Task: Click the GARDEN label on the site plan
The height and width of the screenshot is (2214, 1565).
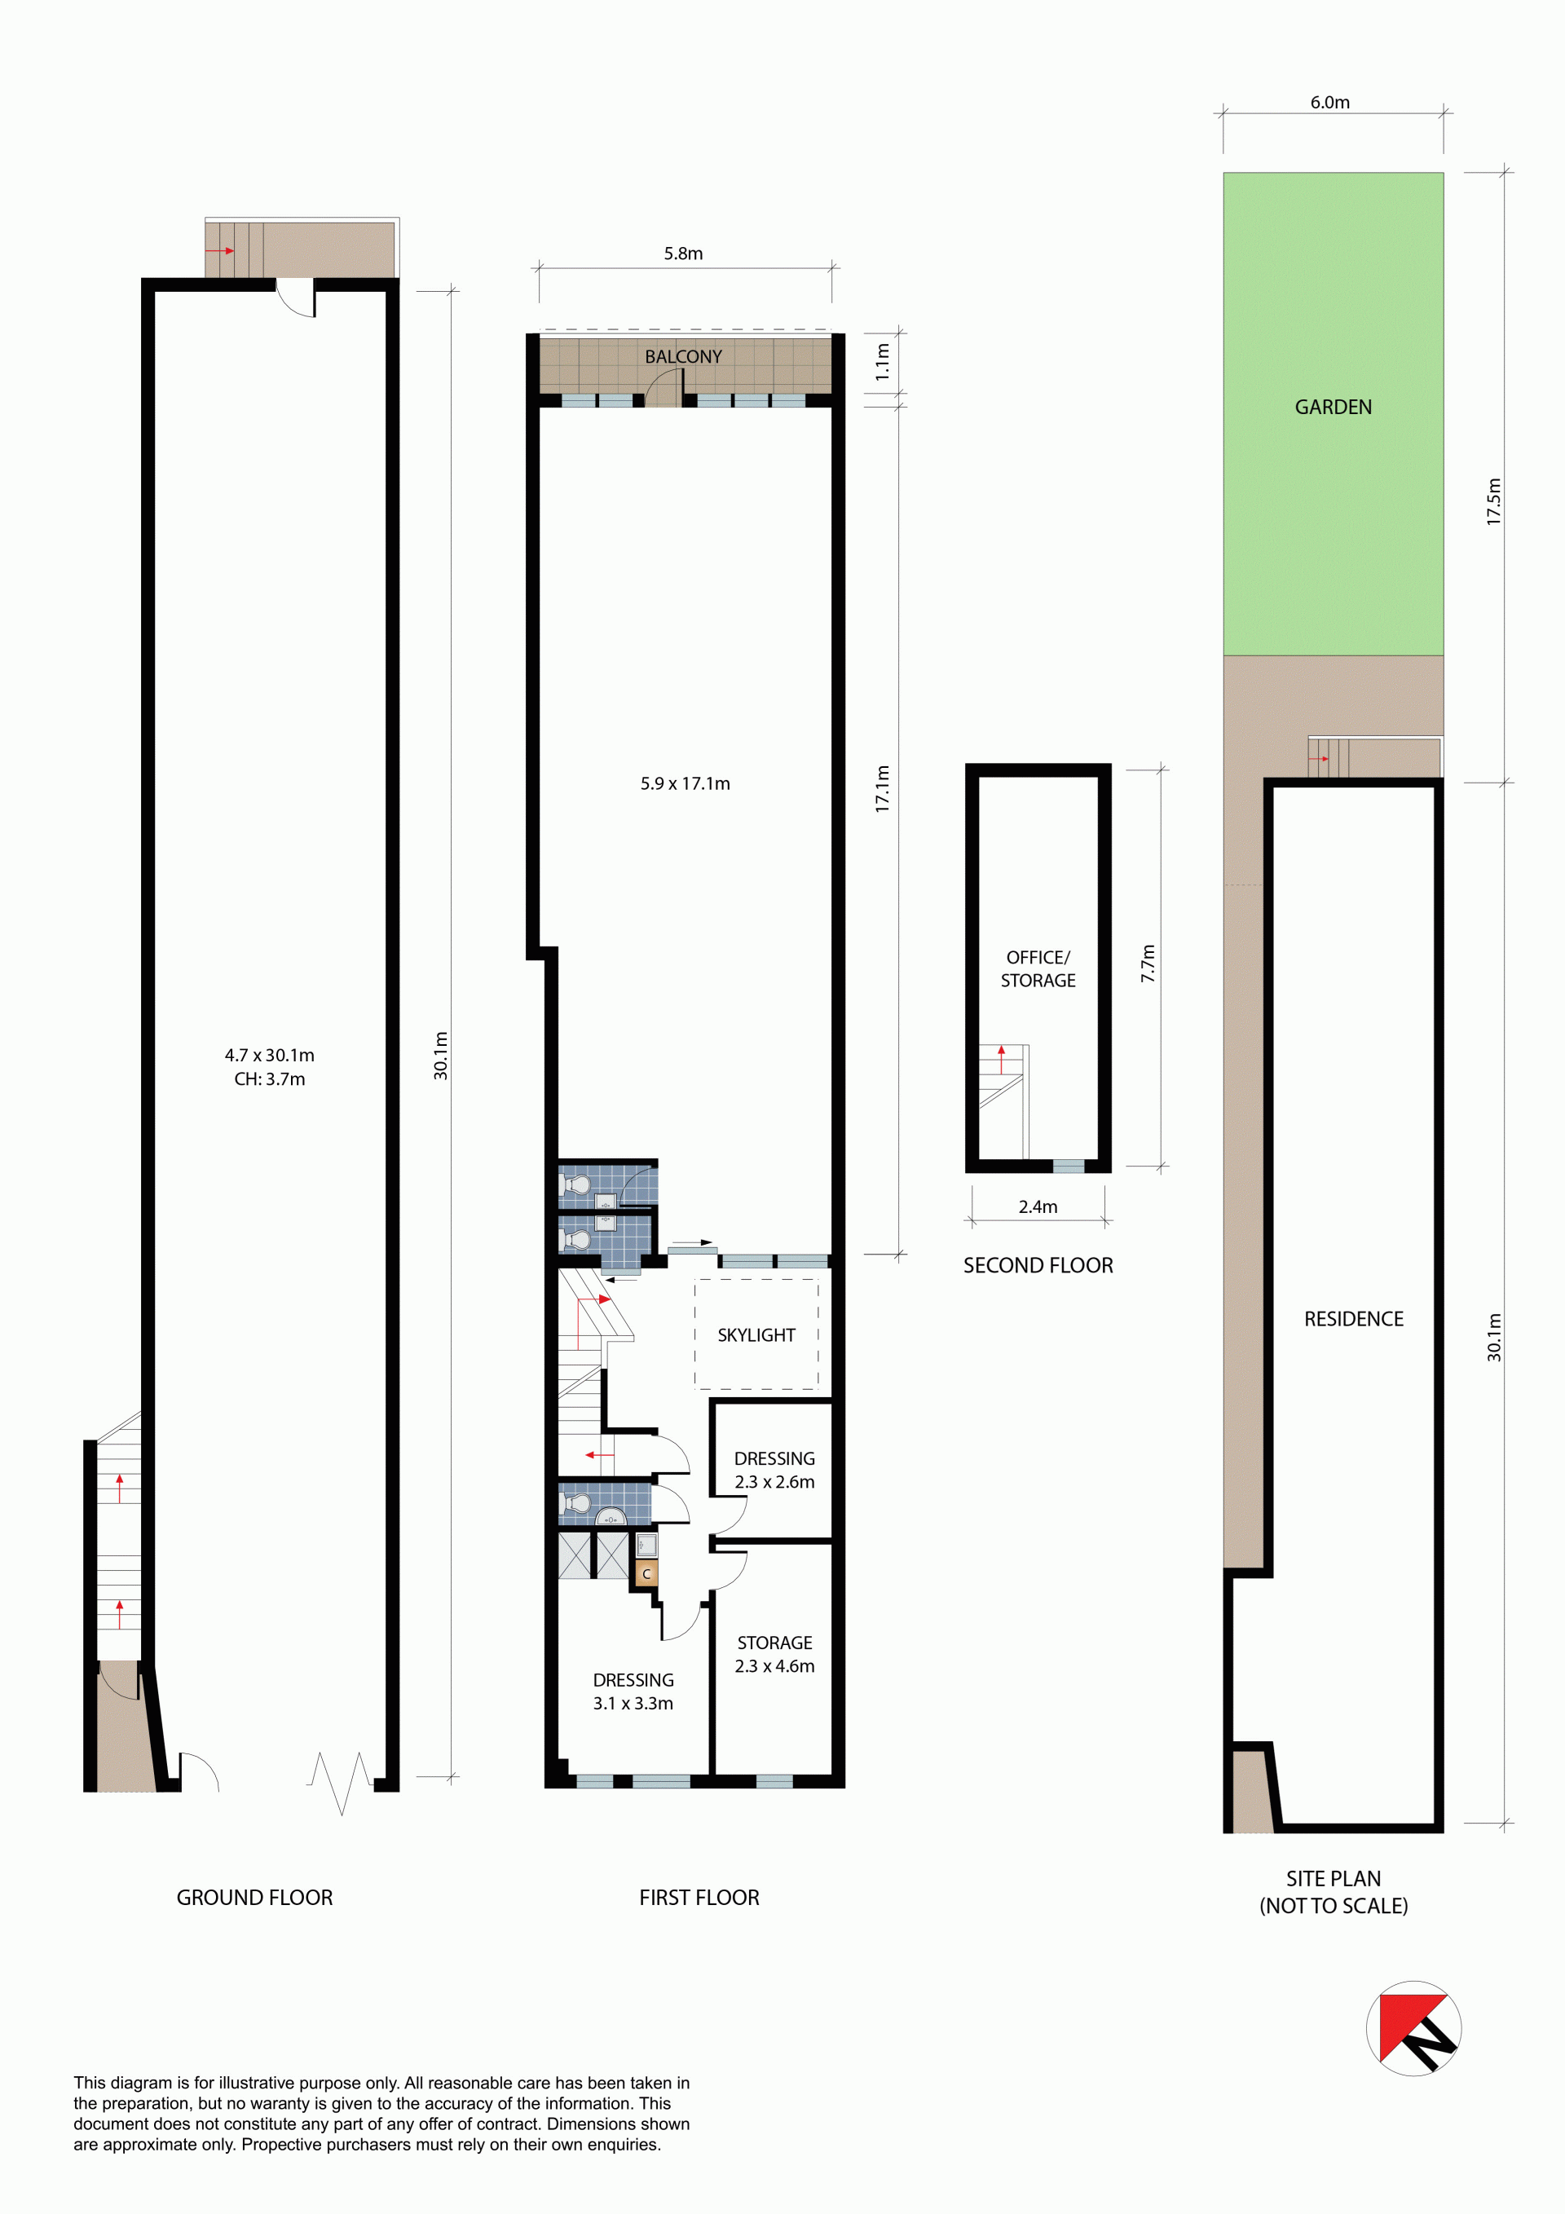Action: (1333, 407)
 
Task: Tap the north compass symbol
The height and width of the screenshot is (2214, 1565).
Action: (1413, 2027)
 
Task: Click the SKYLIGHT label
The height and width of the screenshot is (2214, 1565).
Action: (756, 1334)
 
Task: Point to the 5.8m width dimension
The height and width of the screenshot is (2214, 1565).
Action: (683, 254)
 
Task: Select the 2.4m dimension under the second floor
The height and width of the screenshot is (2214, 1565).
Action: (1038, 1206)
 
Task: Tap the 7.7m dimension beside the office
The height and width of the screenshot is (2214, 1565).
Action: (1148, 964)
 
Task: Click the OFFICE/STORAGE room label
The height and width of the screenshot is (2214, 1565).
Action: (1038, 968)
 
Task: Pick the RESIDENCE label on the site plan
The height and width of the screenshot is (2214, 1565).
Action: (1353, 1318)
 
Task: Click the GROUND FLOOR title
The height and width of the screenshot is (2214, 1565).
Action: (254, 1897)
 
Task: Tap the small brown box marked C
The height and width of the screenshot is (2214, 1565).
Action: (646, 1574)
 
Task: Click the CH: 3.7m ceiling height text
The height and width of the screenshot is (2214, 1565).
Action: (270, 1079)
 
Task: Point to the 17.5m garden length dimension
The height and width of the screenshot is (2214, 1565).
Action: (1493, 501)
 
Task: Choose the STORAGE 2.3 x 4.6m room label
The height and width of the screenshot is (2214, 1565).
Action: (774, 1654)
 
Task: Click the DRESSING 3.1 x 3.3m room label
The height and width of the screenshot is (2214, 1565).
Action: (633, 1691)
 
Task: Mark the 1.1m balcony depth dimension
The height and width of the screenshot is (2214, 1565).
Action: (882, 363)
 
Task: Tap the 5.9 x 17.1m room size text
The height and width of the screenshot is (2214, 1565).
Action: (685, 784)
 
